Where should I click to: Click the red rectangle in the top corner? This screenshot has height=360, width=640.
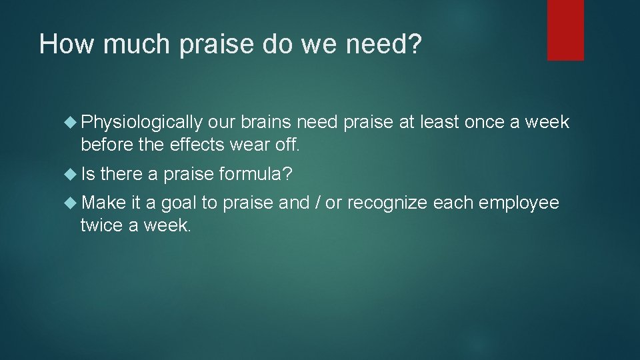(565, 29)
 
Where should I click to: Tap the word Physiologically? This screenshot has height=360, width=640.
(141, 123)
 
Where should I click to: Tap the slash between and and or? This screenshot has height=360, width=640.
(317, 203)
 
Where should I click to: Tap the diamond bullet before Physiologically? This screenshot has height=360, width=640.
(71, 123)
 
